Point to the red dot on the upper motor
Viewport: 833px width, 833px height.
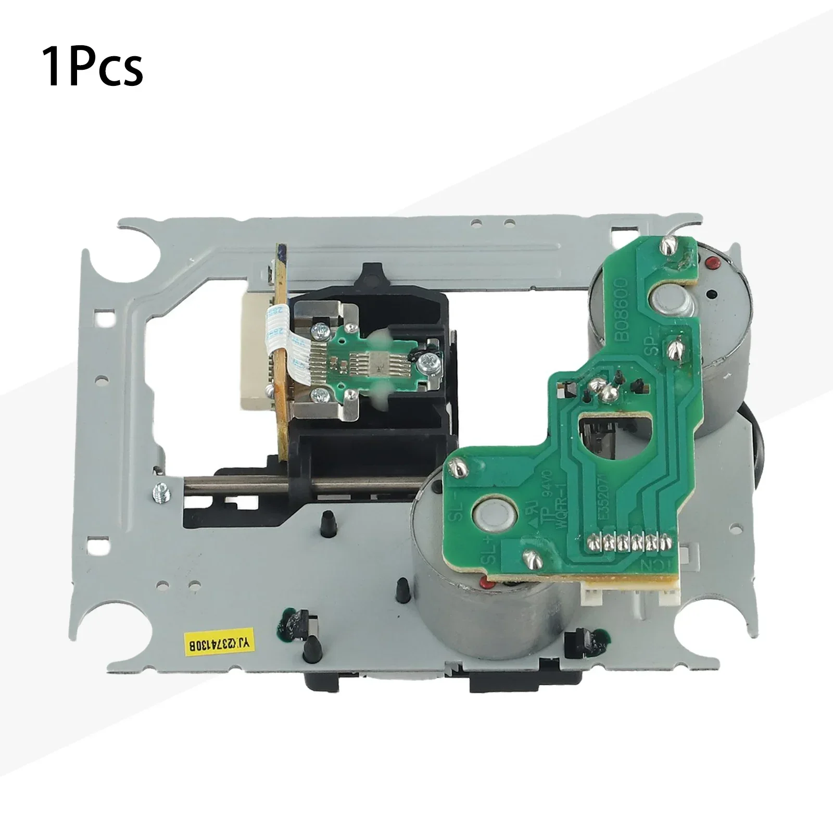pyautogui.click(x=711, y=259)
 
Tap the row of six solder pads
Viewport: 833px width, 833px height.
pyautogui.click(x=627, y=542)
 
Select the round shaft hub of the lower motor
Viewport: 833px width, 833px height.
pyautogui.click(x=492, y=516)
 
